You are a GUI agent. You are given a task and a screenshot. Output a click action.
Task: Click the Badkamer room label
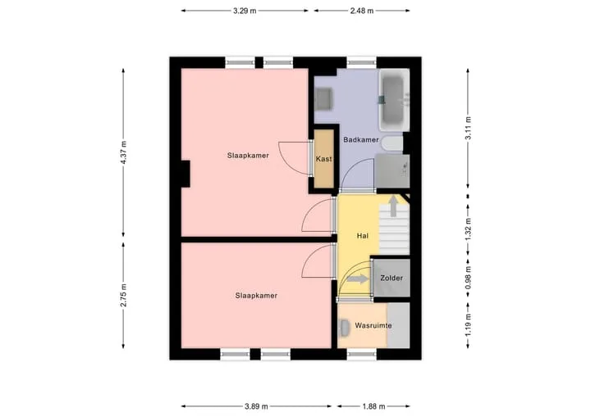(x=360, y=139)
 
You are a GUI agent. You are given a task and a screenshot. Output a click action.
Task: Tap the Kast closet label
(x=323, y=159)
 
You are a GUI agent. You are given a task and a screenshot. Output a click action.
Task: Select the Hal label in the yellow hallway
(x=362, y=236)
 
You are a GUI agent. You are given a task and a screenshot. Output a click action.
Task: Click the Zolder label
(x=392, y=278)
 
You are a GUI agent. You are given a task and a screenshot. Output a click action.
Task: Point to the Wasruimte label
(x=373, y=325)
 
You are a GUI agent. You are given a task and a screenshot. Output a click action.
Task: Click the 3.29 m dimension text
(x=245, y=11)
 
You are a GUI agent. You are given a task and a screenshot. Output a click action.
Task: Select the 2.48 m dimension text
(x=362, y=11)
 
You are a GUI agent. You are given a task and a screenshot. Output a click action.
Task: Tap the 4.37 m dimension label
(x=123, y=152)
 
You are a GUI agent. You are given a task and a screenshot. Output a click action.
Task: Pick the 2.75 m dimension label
(x=123, y=296)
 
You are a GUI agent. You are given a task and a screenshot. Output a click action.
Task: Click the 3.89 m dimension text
(x=256, y=406)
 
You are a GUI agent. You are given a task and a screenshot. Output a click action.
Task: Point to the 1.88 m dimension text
(x=374, y=406)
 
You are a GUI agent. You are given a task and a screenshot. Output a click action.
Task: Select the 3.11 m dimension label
(x=468, y=128)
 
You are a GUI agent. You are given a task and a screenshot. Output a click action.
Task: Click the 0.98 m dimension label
(x=468, y=278)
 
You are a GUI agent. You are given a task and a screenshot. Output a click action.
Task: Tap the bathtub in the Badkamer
(x=394, y=100)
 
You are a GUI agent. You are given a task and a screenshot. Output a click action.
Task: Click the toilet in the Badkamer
(x=392, y=143)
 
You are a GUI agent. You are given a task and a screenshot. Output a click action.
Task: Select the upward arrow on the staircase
(x=393, y=206)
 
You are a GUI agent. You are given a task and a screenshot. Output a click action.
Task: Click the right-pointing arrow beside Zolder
(x=357, y=279)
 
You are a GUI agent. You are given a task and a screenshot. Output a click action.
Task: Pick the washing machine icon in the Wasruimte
(x=345, y=328)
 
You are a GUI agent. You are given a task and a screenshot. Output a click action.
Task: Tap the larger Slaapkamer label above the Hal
(x=248, y=156)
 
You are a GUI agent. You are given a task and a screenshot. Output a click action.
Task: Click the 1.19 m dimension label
(x=468, y=325)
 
